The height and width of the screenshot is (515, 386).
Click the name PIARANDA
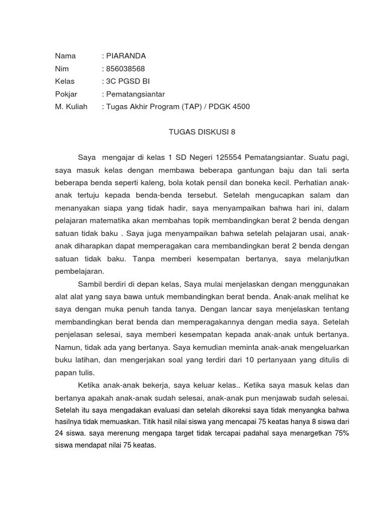pyautogui.click(x=126, y=56)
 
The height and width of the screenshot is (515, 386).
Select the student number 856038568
pyautogui.click(x=125, y=68)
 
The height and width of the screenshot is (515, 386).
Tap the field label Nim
pyautogui.click(x=62, y=68)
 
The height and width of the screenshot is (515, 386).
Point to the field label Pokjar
pyautogui.click(x=66, y=94)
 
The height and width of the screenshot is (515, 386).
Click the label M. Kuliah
pyautogui.click(x=71, y=107)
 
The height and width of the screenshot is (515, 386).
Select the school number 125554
pyautogui.click(x=230, y=157)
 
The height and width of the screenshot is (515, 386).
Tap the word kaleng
pyautogui.click(x=154, y=183)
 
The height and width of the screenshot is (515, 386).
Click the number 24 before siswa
pyautogui.click(x=59, y=433)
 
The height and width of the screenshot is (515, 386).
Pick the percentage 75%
pyautogui.click(x=341, y=433)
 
